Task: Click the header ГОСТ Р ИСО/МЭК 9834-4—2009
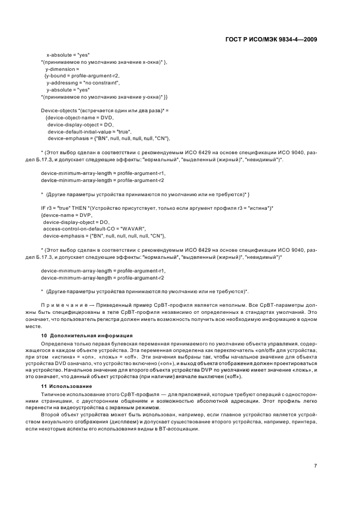tap(270, 39)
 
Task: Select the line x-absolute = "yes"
tap(68, 55)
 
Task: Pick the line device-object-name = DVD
tap(79, 118)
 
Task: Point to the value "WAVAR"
tap(133, 228)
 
